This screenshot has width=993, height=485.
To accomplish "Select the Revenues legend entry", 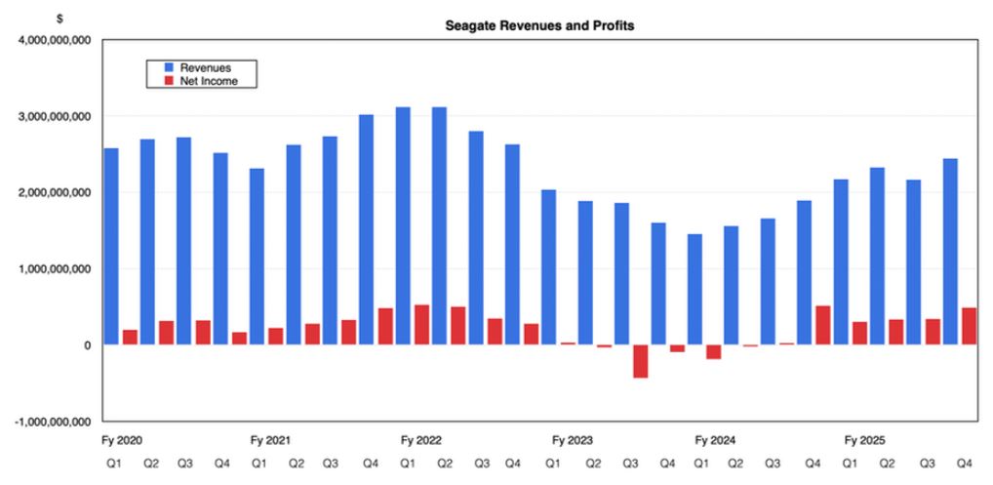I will (x=203, y=67).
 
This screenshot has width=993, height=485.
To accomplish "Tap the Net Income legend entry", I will (x=208, y=81).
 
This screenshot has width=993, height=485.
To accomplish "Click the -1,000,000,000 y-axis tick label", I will (x=49, y=422).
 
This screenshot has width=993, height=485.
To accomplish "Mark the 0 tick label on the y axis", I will (x=88, y=345).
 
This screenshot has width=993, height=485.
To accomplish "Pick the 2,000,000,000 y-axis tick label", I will (x=49, y=192).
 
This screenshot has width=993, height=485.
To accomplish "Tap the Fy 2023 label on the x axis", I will (x=573, y=440).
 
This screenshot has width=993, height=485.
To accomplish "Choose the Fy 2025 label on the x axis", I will (x=865, y=440).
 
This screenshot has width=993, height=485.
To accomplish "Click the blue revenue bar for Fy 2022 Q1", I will (x=403, y=225).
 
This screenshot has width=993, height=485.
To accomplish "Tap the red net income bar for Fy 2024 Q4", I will (x=822, y=325).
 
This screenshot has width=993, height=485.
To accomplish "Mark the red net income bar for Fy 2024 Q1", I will (x=713, y=351).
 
